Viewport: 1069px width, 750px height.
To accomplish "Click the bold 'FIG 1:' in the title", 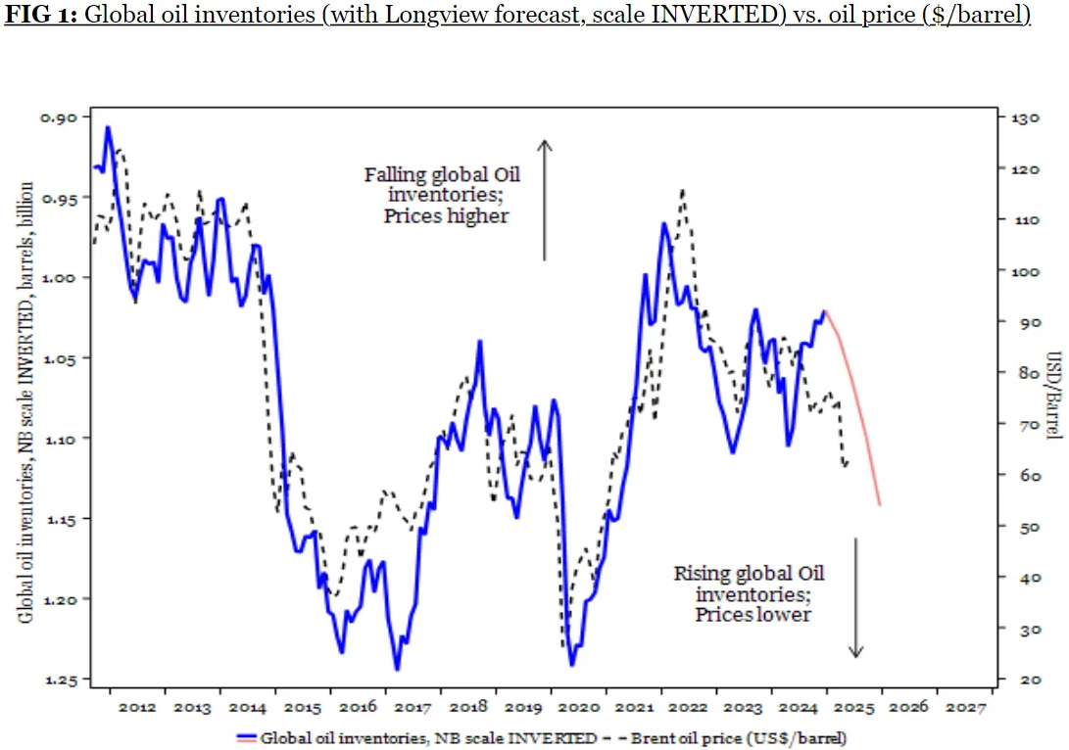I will [40, 17].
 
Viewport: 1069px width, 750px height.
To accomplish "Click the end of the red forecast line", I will [880, 505].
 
